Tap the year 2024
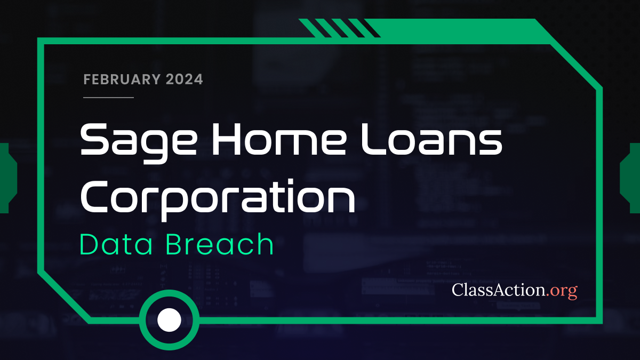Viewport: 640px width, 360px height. click(184, 80)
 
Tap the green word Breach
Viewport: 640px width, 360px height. click(219, 244)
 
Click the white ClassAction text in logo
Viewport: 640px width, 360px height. click(499, 290)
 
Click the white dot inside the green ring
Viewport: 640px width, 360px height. click(170, 319)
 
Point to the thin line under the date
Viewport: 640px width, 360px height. click(109, 97)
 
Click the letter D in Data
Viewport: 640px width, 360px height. click(91, 244)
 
